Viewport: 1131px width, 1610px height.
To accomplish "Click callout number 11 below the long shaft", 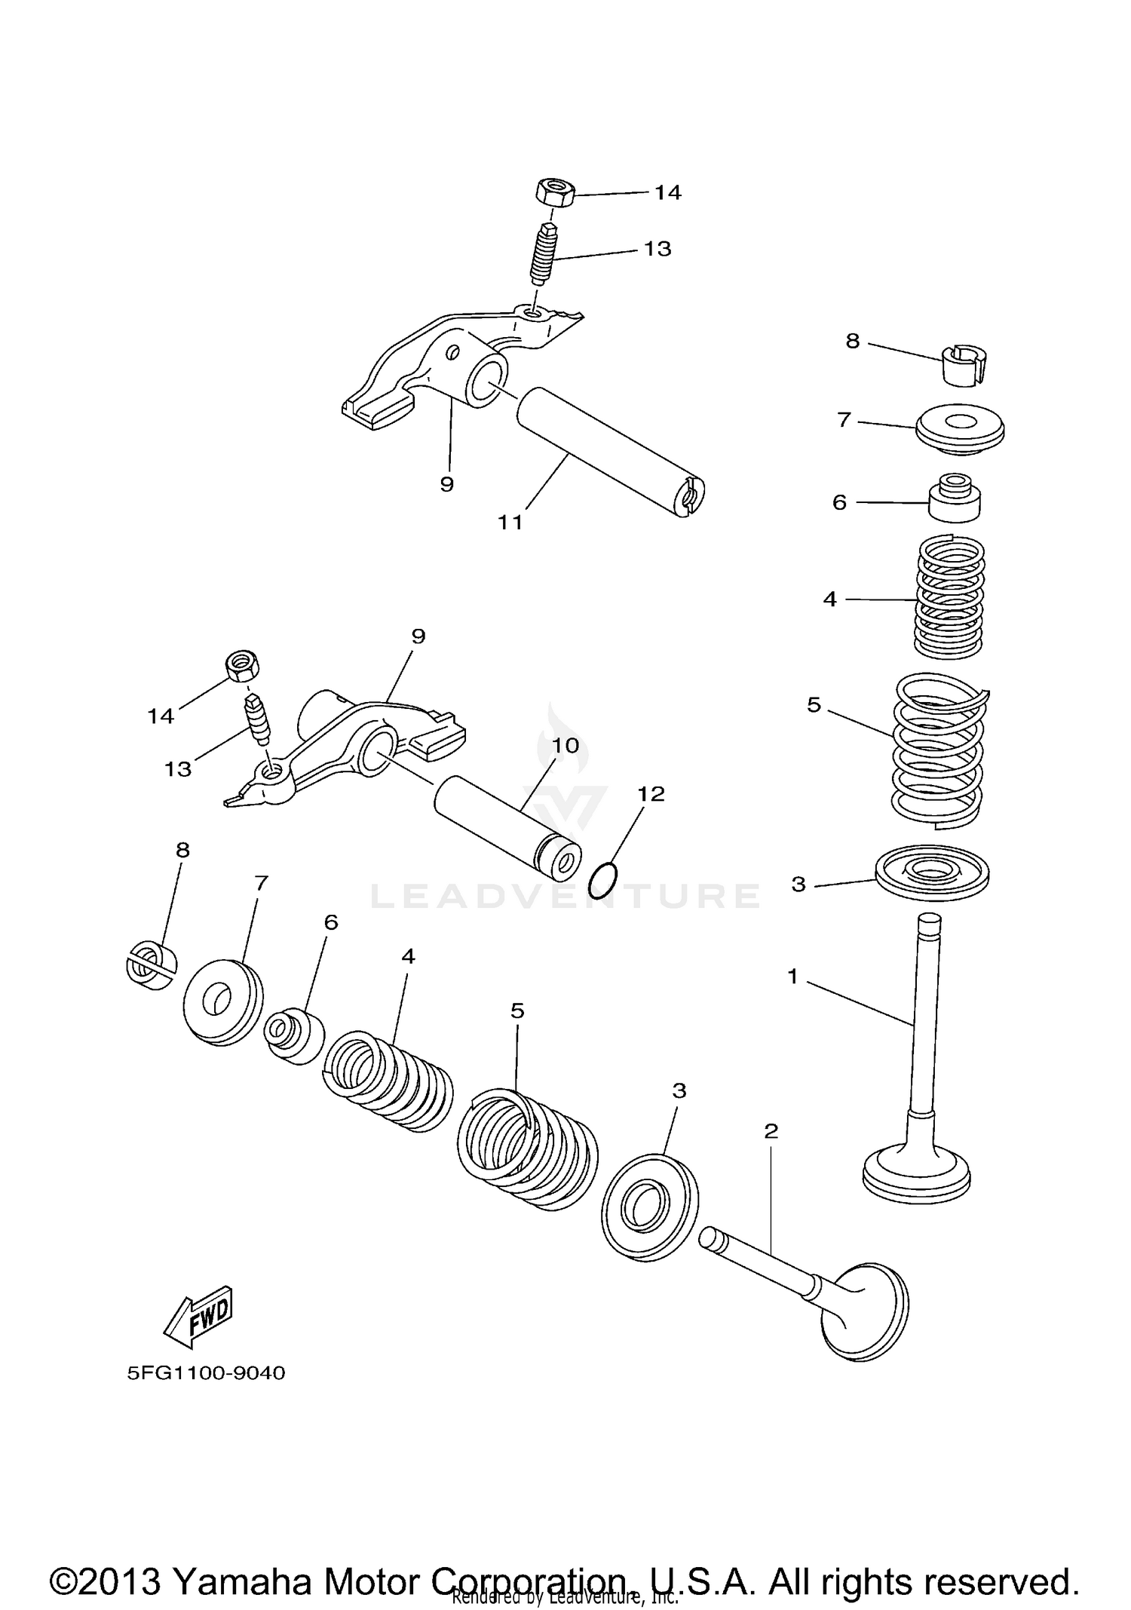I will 510,522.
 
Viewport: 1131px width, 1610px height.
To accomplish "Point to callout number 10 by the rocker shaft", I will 565,746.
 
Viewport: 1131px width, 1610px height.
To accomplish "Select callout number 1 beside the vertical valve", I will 792,977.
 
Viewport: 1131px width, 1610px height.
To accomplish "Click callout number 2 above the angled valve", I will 771,1131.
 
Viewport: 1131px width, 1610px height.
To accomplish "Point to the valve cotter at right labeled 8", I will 966,364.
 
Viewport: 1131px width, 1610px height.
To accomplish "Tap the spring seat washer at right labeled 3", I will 932,873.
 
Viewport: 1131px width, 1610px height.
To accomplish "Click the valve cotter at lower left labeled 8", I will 151,965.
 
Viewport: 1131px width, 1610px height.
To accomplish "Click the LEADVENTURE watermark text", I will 565,896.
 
